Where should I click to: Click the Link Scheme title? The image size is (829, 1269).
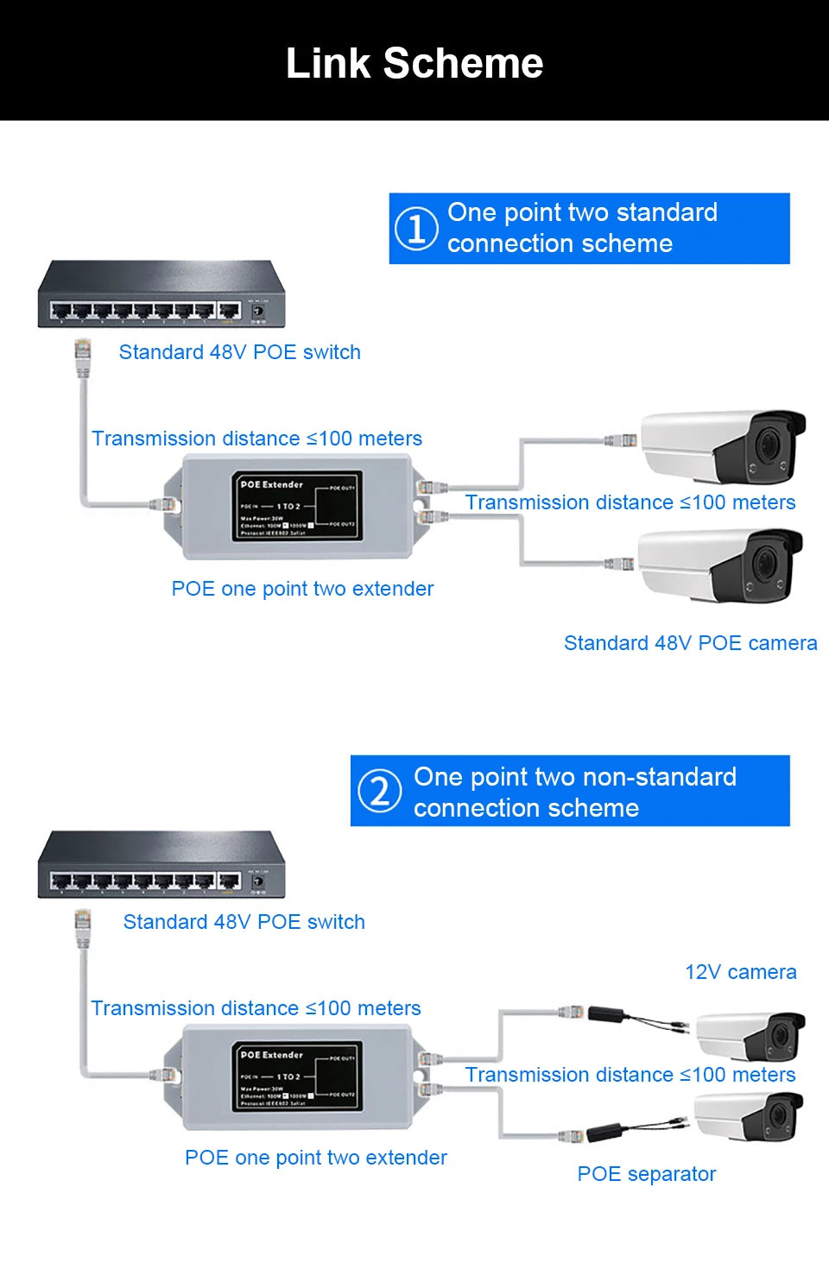pyautogui.click(x=414, y=63)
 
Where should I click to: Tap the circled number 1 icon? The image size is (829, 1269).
pyautogui.click(x=416, y=229)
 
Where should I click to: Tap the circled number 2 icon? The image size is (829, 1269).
pyautogui.click(x=380, y=791)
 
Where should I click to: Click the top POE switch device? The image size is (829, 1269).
pyautogui.click(x=161, y=295)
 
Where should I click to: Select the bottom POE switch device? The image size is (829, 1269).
pyautogui.click(x=161, y=866)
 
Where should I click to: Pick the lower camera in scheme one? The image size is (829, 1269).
pyautogui.click(x=720, y=565)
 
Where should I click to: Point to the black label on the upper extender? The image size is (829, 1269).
pyautogui.click(x=296, y=507)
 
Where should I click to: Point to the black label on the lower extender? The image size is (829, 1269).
pyautogui.click(x=296, y=1076)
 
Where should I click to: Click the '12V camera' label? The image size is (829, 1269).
pyautogui.click(x=740, y=972)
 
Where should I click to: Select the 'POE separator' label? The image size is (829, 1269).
pyautogui.click(x=646, y=1174)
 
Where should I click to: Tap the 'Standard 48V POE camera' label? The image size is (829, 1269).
pyautogui.click(x=690, y=643)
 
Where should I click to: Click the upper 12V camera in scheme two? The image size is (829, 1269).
pyautogui.click(x=750, y=1035)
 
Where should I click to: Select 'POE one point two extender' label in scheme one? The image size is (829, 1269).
pyautogui.click(x=302, y=589)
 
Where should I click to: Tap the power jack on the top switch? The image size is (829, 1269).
pyautogui.click(x=257, y=309)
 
